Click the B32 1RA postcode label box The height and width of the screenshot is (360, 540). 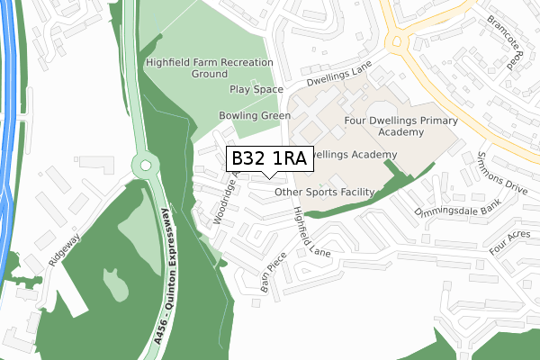[269, 158]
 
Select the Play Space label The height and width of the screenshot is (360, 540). [256, 90]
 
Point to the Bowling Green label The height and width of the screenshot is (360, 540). [255, 116]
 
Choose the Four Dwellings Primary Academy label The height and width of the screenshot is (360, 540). [401, 126]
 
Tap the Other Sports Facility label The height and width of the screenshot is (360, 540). [324, 192]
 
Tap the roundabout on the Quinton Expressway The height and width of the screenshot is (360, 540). [143, 166]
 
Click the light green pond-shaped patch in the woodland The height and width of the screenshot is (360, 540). [115, 283]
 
